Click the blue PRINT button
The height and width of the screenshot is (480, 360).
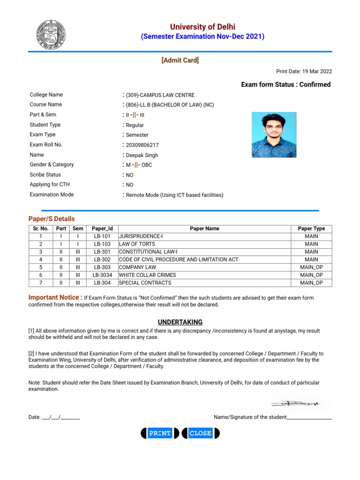(159, 434)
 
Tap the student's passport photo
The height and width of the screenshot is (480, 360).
(274, 135)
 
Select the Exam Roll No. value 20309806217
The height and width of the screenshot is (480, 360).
(142, 145)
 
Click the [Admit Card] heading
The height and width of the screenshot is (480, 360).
(180, 60)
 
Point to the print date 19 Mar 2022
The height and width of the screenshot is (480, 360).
(304, 71)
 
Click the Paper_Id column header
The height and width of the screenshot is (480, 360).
(102, 229)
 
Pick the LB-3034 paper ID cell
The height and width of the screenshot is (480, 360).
(102, 275)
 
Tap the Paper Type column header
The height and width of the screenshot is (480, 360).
(311, 229)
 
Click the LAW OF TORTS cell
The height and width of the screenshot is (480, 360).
(137, 244)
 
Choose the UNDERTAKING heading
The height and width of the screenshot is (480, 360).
(180, 322)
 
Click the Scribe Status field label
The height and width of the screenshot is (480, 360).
(45, 175)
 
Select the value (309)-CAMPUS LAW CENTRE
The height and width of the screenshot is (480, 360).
(160, 95)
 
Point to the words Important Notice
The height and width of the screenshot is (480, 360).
(55, 297)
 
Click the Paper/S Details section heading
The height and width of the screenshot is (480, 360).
(52, 219)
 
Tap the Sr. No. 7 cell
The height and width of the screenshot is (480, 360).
(41, 283)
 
